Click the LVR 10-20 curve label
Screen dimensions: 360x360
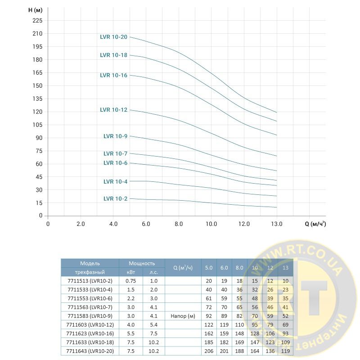click(x=113, y=37)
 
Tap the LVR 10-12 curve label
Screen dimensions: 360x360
click(x=113, y=110)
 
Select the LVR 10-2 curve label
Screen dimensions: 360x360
click(x=115, y=198)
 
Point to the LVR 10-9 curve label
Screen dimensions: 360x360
click(x=115, y=136)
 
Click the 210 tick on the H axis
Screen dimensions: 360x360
click(x=37, y=34)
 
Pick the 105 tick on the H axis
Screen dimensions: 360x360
click(x=37, y=125)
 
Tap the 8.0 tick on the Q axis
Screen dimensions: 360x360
click(x=179, y=224)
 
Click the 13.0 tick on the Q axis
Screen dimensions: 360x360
click(x=276, y=224)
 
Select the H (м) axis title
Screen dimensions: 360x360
click(x=31, y=10)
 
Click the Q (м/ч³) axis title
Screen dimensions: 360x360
click(x=315, y=224)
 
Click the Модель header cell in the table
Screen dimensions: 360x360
click(x=90, y=263)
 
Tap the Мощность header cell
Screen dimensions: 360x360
click(x=142, y=263)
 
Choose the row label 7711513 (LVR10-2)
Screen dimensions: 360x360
click(x=90, y=281)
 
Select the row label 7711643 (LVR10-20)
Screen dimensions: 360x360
click(x=90, y=351)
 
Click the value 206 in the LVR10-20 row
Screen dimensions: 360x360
click(x=209, y=351)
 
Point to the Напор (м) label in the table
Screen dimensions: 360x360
click(x=183, y=316)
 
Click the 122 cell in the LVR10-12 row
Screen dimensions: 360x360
click(x=209, y=324)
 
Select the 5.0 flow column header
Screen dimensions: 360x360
click(x=209, y=268)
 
